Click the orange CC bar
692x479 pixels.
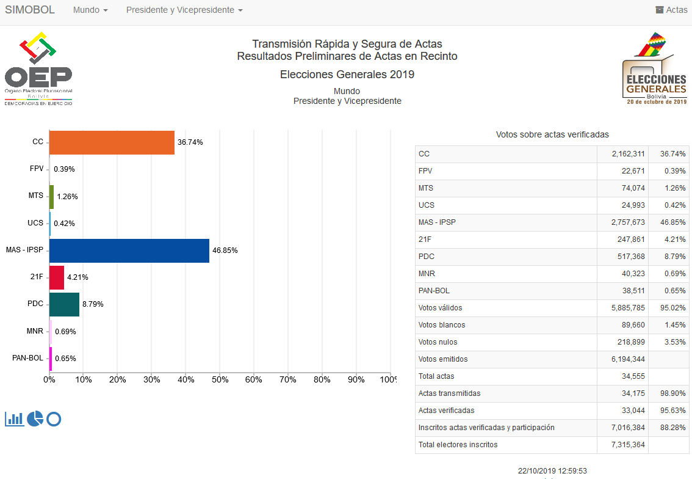tap(112, 142)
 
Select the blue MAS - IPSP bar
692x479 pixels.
tap(129, 250)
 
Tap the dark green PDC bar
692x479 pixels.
tap(64, 304)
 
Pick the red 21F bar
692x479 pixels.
tap(57, 277)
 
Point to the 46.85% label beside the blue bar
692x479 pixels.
tap(225, 250)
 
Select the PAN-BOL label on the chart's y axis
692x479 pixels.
tap(28, 358)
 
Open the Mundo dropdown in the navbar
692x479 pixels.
tap(90, 10)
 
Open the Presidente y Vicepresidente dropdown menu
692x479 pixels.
tap(184, 10)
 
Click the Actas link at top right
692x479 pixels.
tap(671, 10)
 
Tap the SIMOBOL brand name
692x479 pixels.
tap(30, 10)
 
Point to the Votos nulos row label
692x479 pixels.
tap(438, 342)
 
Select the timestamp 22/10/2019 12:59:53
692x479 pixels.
tap(552, 471)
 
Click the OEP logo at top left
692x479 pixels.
tap(38, 68)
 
